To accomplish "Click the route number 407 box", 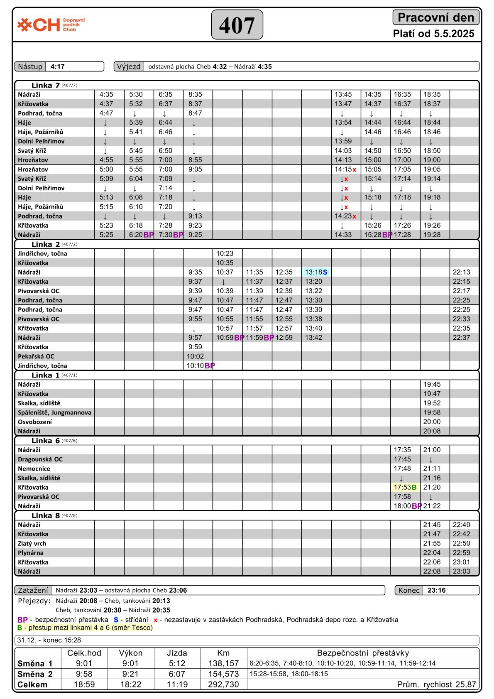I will (237, 25).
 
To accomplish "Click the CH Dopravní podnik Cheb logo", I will (51, 25).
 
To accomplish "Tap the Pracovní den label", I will (435, 17).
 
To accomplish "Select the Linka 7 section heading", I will (45, 86).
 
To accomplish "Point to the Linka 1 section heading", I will (45, 375).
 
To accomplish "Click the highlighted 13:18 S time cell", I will (316, 272).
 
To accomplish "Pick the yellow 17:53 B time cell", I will (405, 488).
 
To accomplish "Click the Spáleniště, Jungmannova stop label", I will (54, 413).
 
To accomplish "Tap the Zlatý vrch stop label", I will (32, 544).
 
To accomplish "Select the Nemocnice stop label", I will (34, 469).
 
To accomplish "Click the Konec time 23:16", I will (436, 591).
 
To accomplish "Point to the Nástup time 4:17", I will (58, 67).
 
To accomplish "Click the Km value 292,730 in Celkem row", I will (223, 684).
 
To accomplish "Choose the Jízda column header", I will (177, 653).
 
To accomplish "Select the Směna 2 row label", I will (35, 674).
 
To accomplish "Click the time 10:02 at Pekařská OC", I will (195, 356).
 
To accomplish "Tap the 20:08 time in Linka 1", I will (432, 432).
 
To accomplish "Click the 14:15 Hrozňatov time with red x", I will (345, 169).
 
